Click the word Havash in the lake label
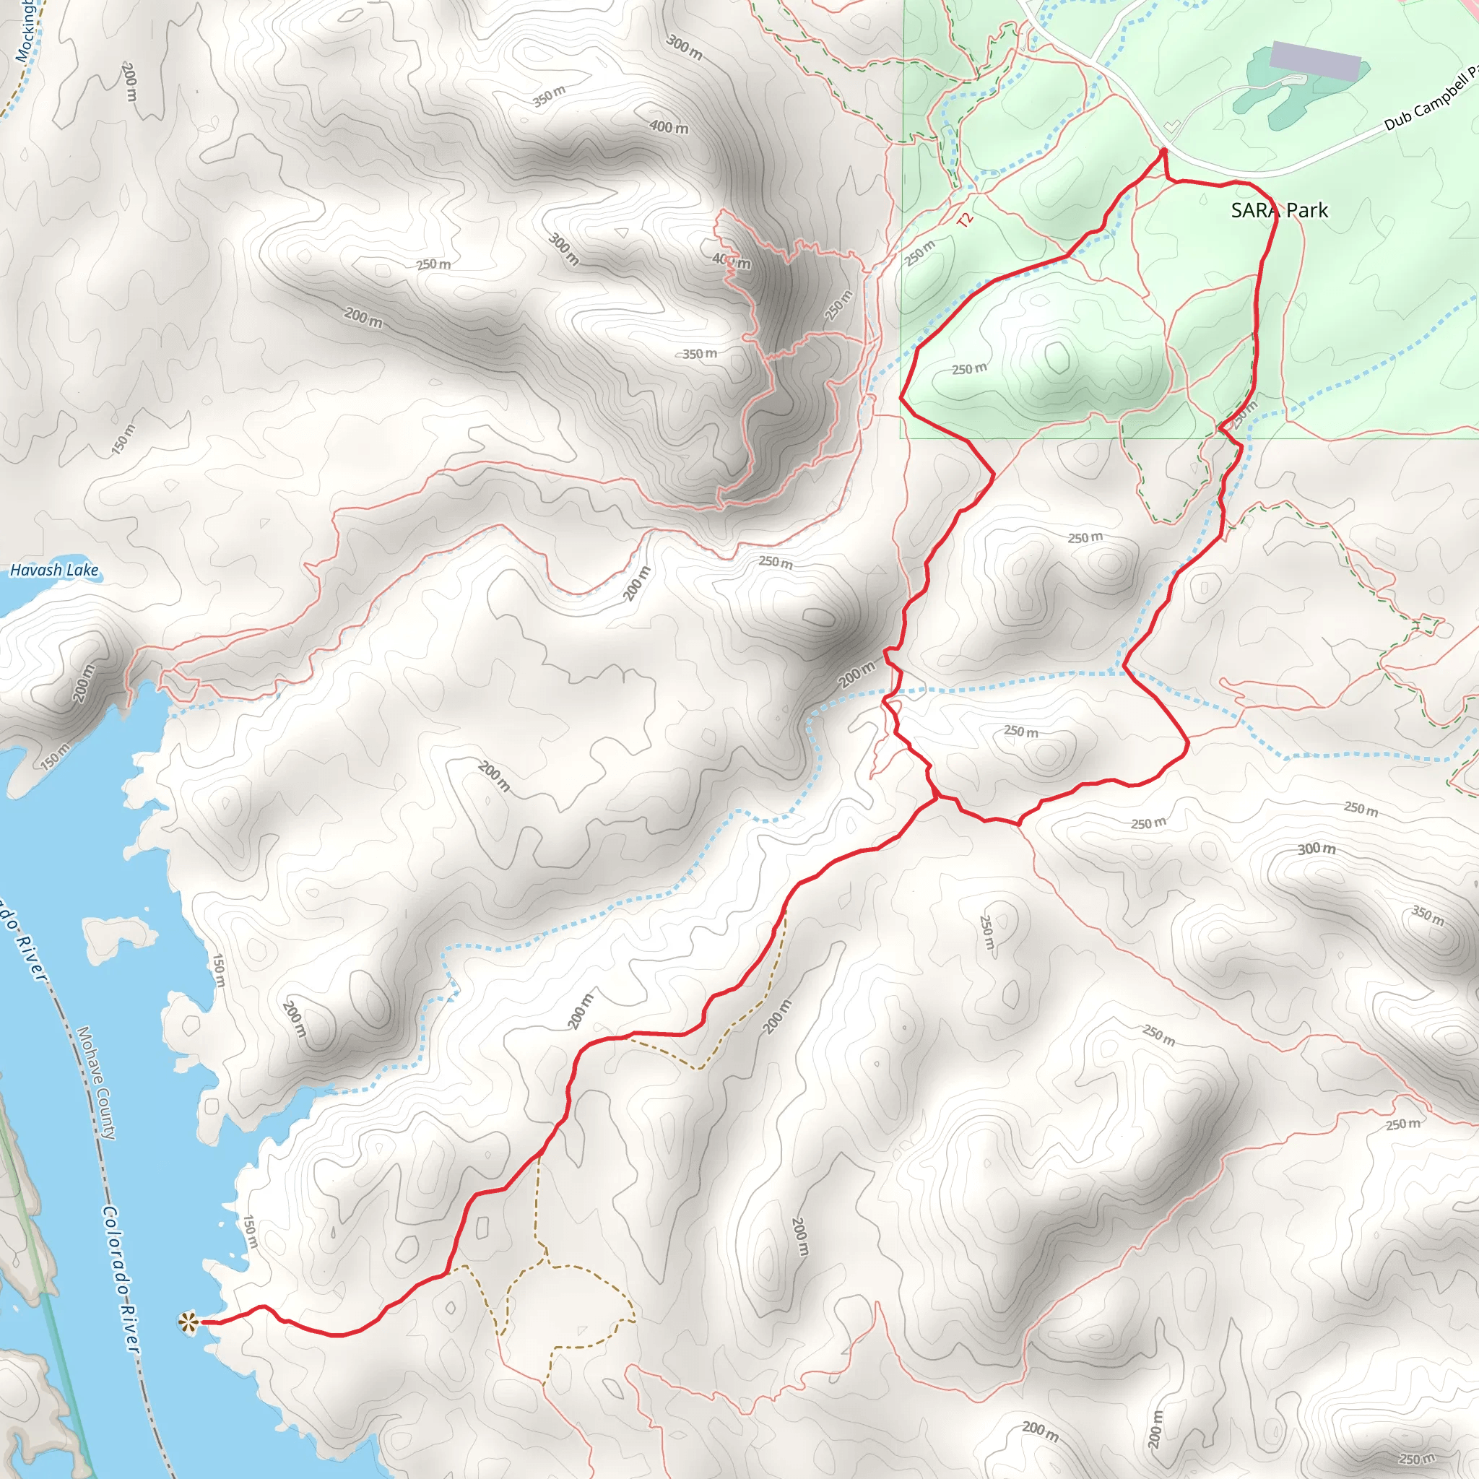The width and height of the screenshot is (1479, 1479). tap(35, 571)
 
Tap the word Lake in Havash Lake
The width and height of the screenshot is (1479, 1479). tap(82, 571)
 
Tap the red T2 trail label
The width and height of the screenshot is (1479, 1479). tap(966, 220)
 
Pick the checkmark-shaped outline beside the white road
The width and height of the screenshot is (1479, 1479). tap(1171, 126)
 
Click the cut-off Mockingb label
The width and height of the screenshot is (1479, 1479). tap(25, 30)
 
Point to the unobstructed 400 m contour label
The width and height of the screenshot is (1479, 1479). tap(668, 127)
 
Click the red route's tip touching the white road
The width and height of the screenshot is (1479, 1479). tap(1163, 151)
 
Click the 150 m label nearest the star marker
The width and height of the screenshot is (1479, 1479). tap(250, 1232)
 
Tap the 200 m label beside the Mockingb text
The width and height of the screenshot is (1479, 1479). tap(129, 82)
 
